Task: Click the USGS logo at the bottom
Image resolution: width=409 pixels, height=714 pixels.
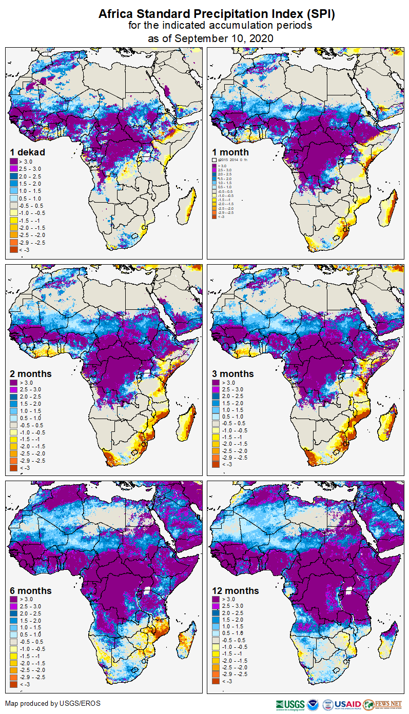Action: point(290,704)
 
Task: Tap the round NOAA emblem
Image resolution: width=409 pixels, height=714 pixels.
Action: point(313,704)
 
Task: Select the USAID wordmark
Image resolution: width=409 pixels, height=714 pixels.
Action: point(347,704)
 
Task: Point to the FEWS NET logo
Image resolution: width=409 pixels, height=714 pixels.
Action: point(382,704)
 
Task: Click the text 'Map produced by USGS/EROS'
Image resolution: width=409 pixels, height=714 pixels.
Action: point(53,703)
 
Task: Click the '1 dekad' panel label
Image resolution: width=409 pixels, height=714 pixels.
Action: point(28,152)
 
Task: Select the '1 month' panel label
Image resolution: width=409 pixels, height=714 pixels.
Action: point(230,152)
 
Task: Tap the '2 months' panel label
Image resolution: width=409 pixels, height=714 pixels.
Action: point(31,373)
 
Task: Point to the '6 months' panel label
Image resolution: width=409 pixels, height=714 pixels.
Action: point(31,590)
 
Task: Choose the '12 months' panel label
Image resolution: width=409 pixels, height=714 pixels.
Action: point(236,590)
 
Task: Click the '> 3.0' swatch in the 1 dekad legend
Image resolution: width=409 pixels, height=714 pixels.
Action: point(13,162)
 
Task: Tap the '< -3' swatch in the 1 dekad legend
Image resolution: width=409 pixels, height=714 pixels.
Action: point(13,249)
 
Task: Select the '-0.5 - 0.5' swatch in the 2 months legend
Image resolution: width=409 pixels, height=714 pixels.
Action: point(13,425)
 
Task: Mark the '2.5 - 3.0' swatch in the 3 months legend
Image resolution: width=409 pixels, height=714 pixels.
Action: point(216,390)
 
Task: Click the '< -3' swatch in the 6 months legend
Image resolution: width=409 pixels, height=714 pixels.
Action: point(13,684)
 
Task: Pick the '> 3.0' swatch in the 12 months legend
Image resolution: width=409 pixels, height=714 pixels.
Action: point(216,599)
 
